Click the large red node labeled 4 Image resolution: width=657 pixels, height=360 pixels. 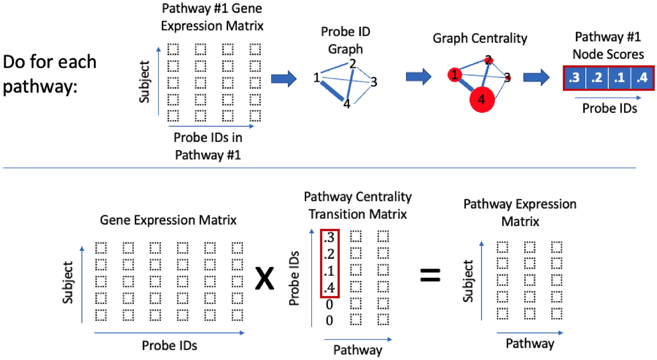[x=482, y=99]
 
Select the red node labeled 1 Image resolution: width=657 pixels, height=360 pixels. [x=454, y=75]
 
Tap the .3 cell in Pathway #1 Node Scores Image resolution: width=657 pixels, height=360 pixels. [x=575, y=78]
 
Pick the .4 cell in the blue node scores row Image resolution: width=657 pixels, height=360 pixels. [x=642, y=78]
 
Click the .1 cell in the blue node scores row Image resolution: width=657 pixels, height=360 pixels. [x=619, y=78]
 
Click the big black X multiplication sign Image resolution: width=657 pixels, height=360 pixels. [x=264, y=278]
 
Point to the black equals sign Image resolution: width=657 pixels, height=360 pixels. [x=430, y=275]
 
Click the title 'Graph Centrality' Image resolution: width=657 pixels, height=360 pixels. [x=480, y=38]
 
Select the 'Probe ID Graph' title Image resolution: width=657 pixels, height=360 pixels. [x=345, y=40]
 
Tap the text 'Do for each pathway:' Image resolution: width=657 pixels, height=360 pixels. [x=49, y=74]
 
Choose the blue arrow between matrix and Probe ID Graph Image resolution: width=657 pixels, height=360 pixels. [x=284, y=78]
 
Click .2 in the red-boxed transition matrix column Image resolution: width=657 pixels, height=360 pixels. [x=329, y=254]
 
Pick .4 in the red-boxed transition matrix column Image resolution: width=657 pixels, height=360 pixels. [x=329, y=288]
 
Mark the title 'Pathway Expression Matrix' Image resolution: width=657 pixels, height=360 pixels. [x=520, y=213]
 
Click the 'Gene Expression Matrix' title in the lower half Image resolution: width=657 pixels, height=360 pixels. [x=168, y=220]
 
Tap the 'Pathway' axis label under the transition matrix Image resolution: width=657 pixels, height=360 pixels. [x=358, y=350]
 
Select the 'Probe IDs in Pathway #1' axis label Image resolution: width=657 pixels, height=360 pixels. [x=208, y=146]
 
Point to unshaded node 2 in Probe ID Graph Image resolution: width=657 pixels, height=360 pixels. [x=352, y=64]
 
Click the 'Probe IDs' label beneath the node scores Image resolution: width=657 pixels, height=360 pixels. [x=609, y=108]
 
